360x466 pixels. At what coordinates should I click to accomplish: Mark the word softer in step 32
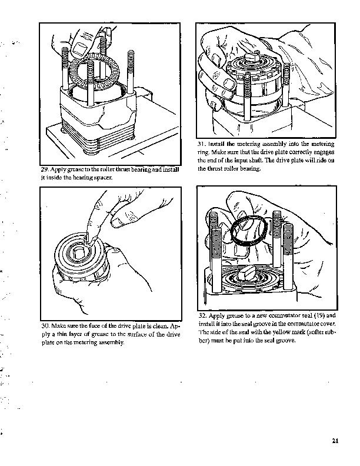311,332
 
